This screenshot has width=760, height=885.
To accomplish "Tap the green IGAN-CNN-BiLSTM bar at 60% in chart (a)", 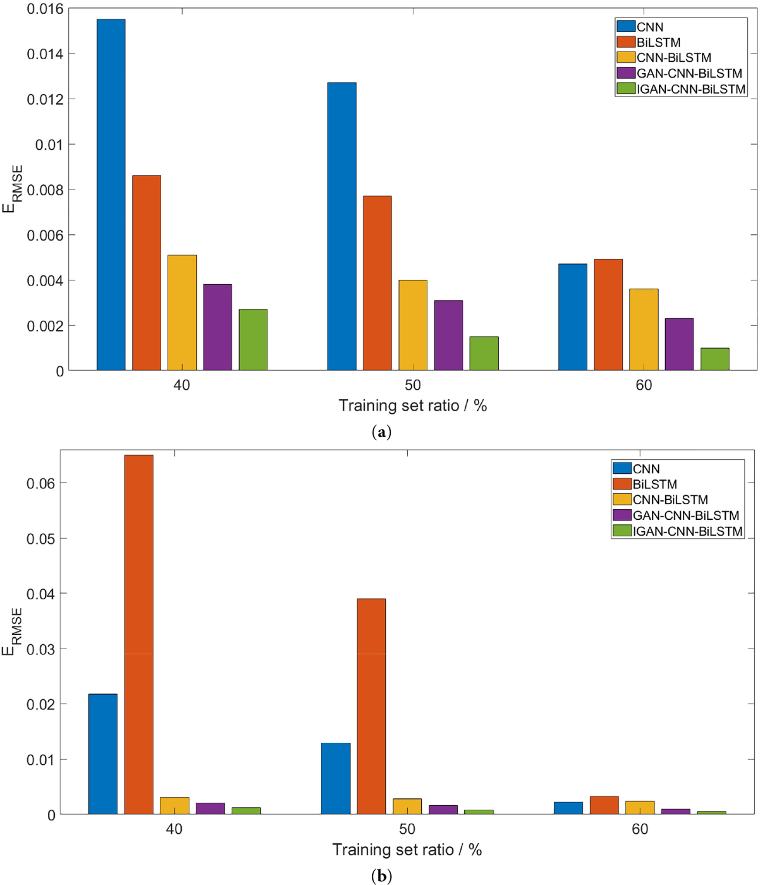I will (x=714, y=359).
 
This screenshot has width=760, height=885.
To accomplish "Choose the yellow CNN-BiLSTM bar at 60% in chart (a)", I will (x=644, y=329).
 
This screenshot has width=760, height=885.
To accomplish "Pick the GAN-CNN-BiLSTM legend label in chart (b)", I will (x=686, y=515).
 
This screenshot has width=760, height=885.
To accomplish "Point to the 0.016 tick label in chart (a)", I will (x=45, y=9).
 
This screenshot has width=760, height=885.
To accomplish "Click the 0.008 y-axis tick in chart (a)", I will (x=45, y=190).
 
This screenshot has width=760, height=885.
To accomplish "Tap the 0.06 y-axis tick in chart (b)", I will (x=41, y=483).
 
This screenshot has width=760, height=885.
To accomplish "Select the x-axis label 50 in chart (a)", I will (x=413, y=385).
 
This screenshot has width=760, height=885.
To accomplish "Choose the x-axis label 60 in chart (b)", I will (x=640, y=829).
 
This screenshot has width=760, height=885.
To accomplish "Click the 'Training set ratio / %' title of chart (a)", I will (x=413, y=406).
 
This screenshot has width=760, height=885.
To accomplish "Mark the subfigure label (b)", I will (x=381, y=876).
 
